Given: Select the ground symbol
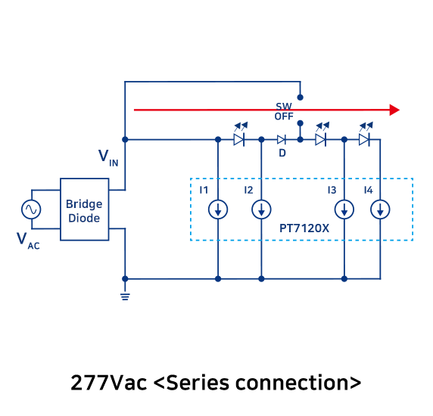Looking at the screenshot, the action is [125, 296].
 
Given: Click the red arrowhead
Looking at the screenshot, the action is [394, 110].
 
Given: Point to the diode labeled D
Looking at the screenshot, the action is [282, 140].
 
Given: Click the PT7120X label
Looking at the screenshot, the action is [304, 228].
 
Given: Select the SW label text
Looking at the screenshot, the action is [284, 106].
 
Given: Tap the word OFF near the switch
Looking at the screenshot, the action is [284, 116].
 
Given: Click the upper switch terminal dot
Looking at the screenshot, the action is [301, 97].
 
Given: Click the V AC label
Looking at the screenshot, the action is [28, 241].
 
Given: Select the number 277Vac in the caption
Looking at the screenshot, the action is [108, 383].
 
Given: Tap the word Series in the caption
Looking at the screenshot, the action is [198, 383].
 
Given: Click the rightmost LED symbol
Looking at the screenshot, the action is [365, 135].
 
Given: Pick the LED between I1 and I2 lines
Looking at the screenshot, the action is [240, 135].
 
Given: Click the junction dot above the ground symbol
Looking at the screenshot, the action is [125, 279].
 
